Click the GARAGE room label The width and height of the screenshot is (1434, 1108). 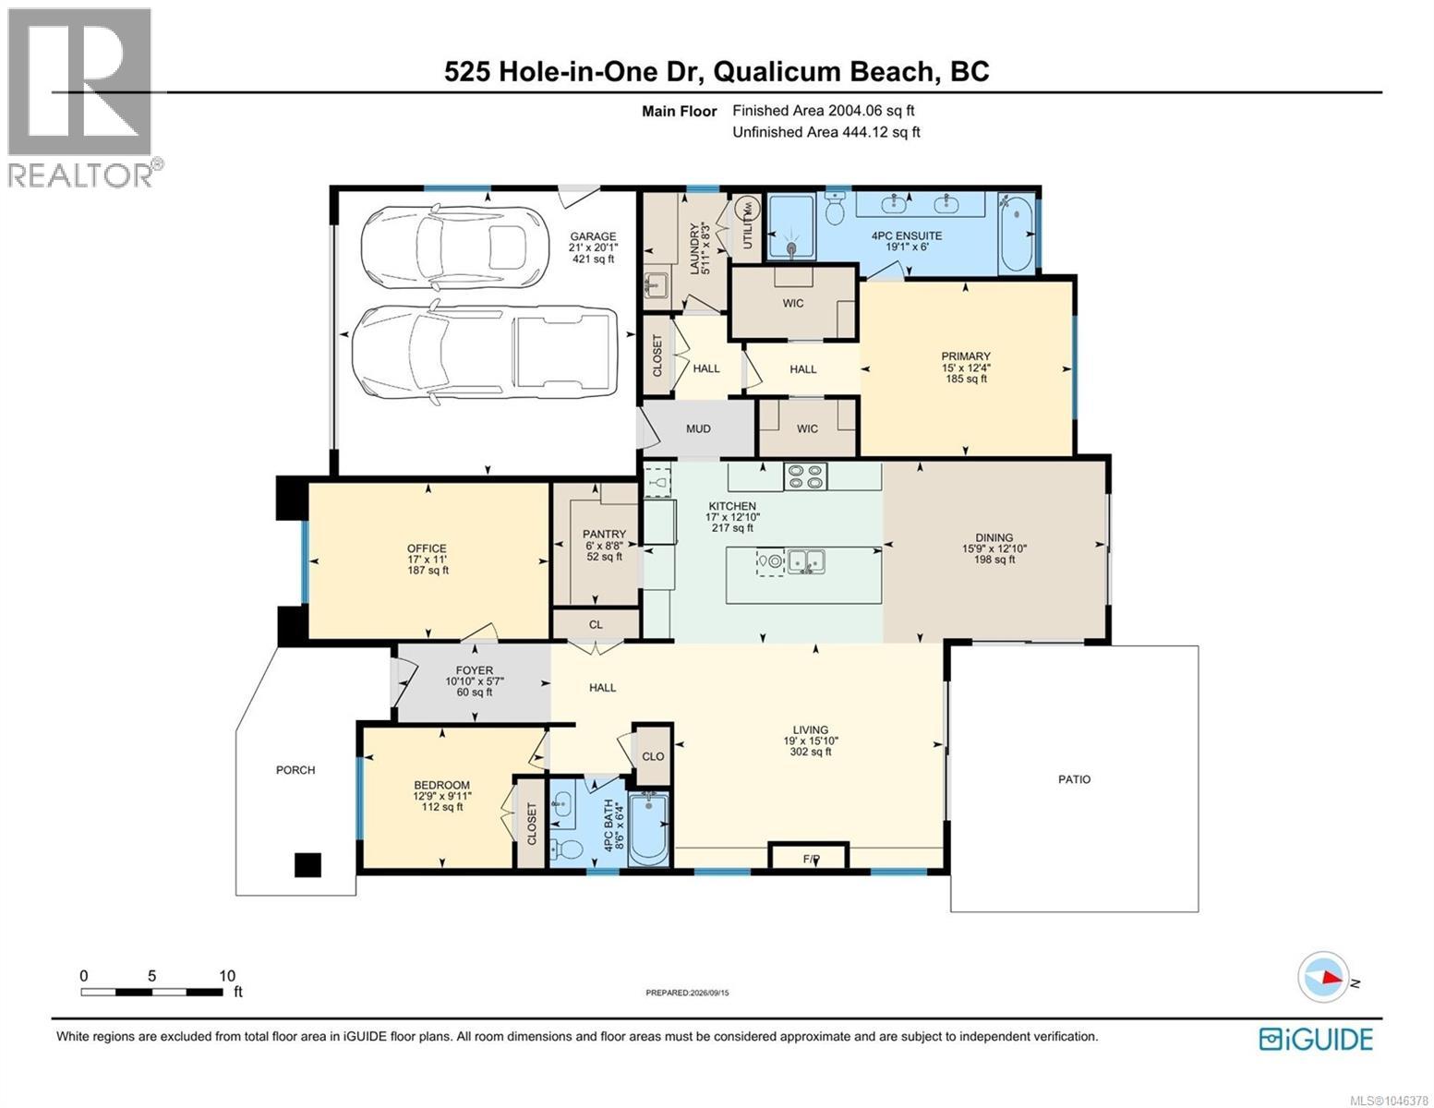tap(593, 236)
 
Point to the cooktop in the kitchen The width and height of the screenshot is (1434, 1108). tap(805, 476)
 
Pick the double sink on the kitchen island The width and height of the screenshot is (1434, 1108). tap(806, 561)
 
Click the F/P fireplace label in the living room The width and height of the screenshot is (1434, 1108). tap(811, 859)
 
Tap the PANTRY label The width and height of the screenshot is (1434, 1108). tap(604, 534)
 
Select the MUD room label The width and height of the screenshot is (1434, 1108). tap(698, 429)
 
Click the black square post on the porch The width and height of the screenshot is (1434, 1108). tap(307, 864)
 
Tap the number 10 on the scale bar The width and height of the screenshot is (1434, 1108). tap(227, 975)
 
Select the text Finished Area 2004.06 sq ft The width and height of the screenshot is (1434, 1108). tap(823, 111)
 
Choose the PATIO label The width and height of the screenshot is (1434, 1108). tap(1074, 779)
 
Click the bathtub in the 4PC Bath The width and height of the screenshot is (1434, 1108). tap(649, 829)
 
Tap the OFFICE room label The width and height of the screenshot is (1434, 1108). tap(427, 548)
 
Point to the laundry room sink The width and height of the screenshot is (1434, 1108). tap(656, 286)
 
